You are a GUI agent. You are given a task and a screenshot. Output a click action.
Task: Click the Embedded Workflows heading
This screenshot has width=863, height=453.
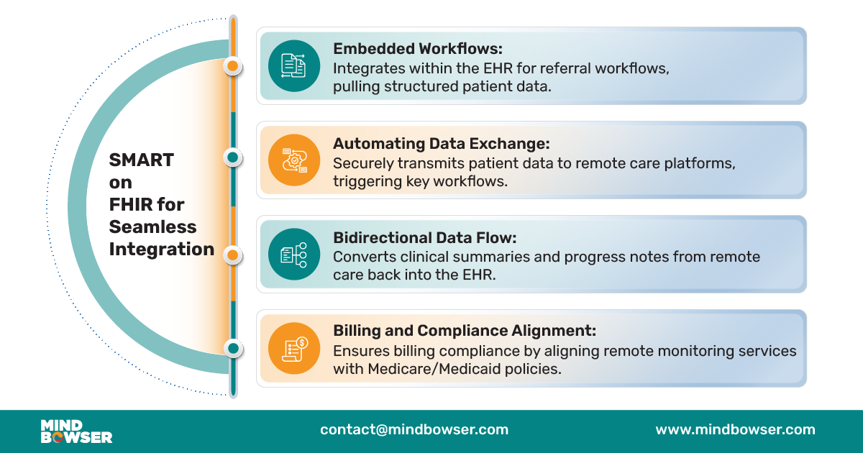pyautogui.click(x=418, y=50)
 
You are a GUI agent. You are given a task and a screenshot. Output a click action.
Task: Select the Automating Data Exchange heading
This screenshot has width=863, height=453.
pyautogui.click(x=441, y=144)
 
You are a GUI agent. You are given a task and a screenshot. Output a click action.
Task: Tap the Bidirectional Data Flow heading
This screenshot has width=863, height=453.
pyautogui.click(x=424, y=238)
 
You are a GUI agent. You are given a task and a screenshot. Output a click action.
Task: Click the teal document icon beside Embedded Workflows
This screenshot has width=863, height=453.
pyautogui.click(x=293, y=65)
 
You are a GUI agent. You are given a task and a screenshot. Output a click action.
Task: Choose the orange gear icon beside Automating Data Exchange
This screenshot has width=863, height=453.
pyautogui.click(x=293, y=159)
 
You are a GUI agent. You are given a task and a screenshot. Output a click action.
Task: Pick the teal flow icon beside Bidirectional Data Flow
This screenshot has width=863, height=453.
pyautogui.click(x=293, y=254)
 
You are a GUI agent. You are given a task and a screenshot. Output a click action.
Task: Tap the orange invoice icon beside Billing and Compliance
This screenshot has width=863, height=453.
pyautogui.click(x=293, y=348)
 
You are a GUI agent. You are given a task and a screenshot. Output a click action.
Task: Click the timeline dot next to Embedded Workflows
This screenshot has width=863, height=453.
pyautogui.click(x=232, y=66)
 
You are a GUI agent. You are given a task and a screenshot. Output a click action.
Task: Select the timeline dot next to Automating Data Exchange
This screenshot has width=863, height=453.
pyautogui.click(x=232, y=157)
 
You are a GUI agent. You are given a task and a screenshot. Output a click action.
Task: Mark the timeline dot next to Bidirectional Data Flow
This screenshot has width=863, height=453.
pyautogui.click(x=232, y=255)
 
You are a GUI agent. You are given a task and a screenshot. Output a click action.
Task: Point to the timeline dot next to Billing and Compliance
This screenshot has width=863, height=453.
pyautogui.click(x=232, y=349)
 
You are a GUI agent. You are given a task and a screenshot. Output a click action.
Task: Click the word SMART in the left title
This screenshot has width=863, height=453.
pyautogui.click(x=142, y=160)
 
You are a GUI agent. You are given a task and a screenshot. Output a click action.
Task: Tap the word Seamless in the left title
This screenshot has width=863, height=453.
pyautogui.click(x=152, y=226)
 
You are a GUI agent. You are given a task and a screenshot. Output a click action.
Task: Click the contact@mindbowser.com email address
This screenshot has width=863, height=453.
pyautogui.click(x=414, y=430)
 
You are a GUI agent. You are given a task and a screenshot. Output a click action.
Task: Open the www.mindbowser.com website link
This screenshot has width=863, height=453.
pyautogui.click(x=735, y=430)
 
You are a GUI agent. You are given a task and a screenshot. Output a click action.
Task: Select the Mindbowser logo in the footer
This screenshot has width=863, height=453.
pyautogui.click(x=76, y=431)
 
